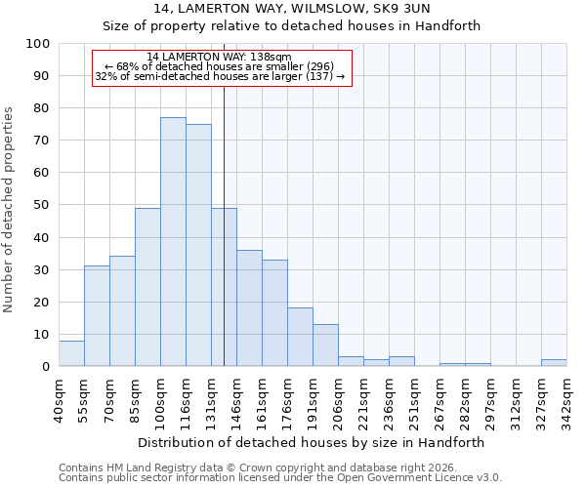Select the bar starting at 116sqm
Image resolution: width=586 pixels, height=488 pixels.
(198, 245)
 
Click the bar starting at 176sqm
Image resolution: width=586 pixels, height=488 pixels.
(300, 337)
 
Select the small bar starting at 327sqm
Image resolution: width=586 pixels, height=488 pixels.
(554, 363)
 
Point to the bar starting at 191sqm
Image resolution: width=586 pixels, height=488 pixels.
(325, 346)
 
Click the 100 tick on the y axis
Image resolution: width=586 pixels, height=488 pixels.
(38, 44)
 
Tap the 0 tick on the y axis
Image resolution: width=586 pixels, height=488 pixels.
(46, 366)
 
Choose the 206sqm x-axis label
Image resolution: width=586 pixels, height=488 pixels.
(339, 399)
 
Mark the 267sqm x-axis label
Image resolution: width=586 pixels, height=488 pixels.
(440, 399)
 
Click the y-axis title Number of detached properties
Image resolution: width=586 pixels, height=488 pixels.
(10, 210)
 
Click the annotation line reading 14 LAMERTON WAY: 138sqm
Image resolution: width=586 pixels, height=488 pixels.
(219, 58)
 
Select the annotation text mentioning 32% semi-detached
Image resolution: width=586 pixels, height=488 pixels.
(220, 76)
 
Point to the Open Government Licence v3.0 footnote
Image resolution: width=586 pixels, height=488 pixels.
(280, 477)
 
